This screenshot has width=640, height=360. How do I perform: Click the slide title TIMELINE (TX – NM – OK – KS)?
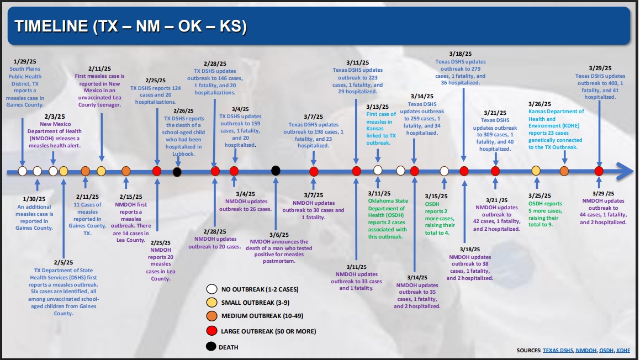130,26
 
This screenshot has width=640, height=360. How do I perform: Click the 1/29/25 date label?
24,62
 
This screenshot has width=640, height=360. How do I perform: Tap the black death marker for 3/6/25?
276,171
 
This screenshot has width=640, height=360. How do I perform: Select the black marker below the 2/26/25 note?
177,172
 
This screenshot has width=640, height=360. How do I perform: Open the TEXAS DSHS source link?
558,351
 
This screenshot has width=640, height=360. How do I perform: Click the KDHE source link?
623,351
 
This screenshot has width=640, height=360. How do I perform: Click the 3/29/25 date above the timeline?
600,68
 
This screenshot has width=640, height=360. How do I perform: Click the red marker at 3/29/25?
599,171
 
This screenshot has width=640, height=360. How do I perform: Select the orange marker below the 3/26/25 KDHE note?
564,171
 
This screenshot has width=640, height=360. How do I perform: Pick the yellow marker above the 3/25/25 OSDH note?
536,171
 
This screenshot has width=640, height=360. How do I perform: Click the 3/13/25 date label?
377,107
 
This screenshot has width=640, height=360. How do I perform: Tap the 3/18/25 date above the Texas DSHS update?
461,54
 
